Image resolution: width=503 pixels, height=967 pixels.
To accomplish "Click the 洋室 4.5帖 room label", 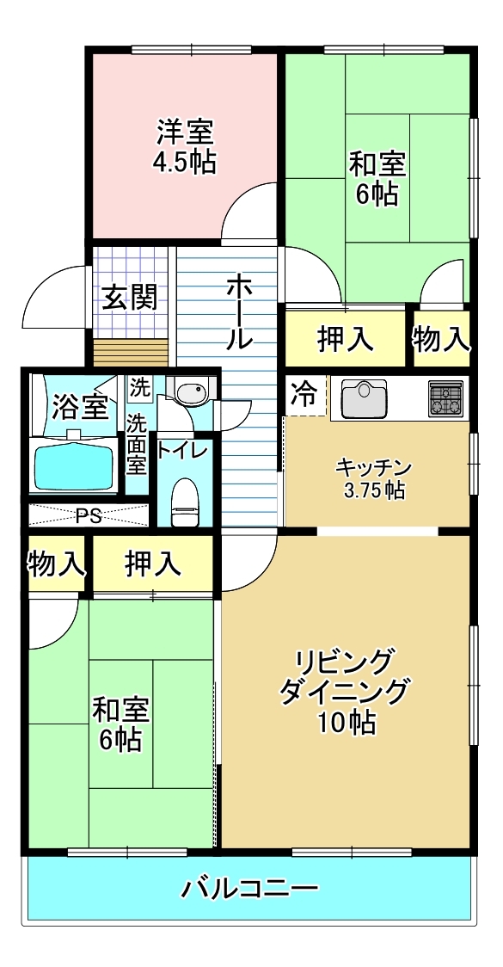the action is (184, 146).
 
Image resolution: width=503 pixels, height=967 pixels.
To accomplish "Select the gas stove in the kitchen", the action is (445, 397).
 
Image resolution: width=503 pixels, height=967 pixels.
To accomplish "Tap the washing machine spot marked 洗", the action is (139, 389).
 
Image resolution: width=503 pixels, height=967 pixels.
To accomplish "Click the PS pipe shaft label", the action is (89, 516).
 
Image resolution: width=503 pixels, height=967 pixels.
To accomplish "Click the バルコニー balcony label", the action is (250, 889).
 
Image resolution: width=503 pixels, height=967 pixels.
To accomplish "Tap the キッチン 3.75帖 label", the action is (370, 478).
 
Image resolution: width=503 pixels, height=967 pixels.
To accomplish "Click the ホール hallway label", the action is (239, 313).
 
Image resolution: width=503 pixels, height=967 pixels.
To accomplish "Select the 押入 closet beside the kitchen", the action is (345, 339).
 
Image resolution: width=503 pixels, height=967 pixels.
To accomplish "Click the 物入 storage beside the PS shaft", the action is (56, 564).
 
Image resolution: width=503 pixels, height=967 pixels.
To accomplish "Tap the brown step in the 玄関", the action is (131, 352).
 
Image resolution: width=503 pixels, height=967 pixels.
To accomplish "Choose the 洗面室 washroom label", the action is (137, 444).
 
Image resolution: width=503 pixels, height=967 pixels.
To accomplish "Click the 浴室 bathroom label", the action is (80, 405).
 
